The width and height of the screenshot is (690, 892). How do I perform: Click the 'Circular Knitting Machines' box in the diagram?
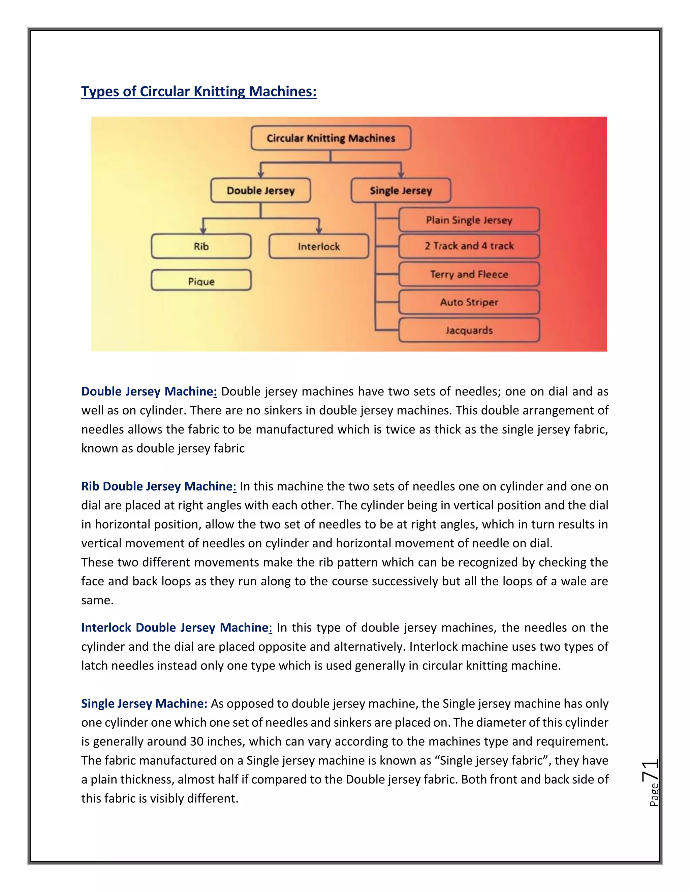(331, 138)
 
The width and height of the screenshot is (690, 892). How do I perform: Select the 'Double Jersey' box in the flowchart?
(260, 190)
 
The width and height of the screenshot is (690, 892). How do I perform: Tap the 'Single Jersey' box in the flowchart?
(401, 190)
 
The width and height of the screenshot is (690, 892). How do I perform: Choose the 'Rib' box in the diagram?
(201, 246)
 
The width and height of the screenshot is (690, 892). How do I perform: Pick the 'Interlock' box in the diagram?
(318, 246)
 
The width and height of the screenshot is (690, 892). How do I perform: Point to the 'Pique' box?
(201, 281)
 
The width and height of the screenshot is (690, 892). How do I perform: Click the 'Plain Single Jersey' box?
(469, 220)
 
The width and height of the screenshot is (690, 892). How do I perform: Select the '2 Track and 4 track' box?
(469, 246)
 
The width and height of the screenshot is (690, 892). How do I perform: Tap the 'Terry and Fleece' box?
(469, 274)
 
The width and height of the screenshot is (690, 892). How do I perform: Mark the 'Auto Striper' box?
(469, 302)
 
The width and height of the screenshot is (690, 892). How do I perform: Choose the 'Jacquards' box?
(469, 330)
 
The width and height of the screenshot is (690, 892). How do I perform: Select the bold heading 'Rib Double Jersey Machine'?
(157, 486)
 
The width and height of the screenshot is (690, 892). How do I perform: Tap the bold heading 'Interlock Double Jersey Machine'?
(175, 628)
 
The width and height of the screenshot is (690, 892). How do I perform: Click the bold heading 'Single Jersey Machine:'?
(144, 704)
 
